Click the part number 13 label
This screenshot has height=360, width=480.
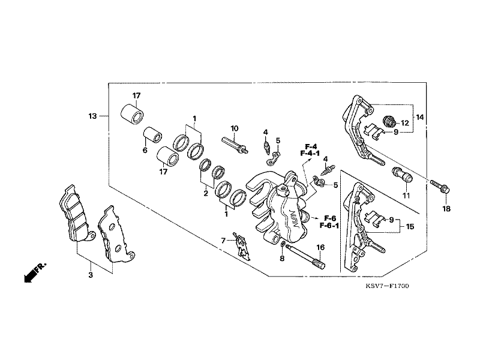coord(92,116)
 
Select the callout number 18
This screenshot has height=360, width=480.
coord(446,209)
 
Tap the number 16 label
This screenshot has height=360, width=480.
coord(320,247)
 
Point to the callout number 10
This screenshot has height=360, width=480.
coord(235,128)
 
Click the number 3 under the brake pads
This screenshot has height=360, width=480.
coord(91,275)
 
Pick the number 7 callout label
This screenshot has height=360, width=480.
coord(223,241)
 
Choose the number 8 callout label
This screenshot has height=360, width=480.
coord(281,258)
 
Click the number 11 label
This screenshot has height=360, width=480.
coord(406,196)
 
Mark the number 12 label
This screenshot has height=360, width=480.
coord(405,123)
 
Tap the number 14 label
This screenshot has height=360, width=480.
coord(419,116)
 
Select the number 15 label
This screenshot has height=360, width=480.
coord(410,227)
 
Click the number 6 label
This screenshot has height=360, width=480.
coord(145,150)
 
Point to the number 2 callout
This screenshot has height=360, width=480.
coord(205,193)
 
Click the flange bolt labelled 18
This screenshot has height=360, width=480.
coord(440,187)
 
